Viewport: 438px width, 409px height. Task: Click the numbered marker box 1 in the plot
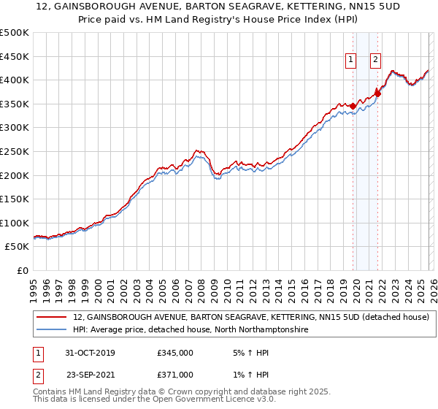pos(351,61)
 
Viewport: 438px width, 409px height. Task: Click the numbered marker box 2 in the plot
pos(375,61)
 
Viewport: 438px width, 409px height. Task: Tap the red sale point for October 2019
pos(353,106)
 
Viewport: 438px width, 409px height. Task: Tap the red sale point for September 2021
pos(377,93)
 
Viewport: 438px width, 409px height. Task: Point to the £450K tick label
pos(15,56)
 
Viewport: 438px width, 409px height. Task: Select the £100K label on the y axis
pos(15,223)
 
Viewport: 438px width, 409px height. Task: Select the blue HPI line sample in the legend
pos(53,330)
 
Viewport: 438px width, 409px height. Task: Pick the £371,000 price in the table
pos(174,374)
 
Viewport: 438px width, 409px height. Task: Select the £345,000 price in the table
pos(174,352)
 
